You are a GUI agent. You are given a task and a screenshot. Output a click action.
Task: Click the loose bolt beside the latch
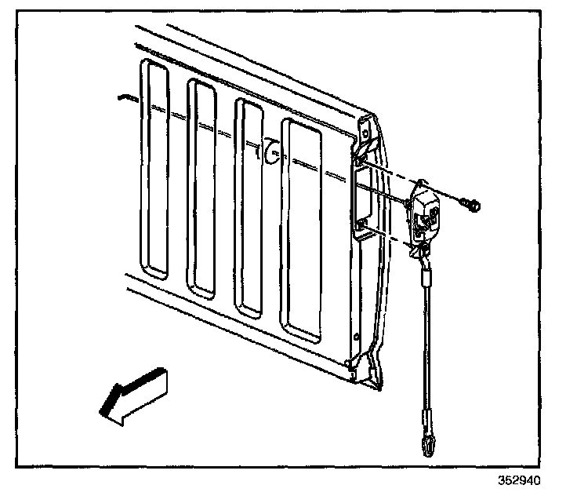[x=472, y=206]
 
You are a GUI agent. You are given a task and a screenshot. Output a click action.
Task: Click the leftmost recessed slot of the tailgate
[x=154, y=169]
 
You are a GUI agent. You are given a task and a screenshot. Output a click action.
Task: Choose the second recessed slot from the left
[x=201, y=189]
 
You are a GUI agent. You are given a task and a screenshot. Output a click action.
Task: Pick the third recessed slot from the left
[x=250, y=208]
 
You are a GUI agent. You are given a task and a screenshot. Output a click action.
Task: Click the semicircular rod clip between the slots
[x=270, y=151]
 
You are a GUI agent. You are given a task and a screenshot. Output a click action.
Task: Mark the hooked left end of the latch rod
[x=124, y=97]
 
